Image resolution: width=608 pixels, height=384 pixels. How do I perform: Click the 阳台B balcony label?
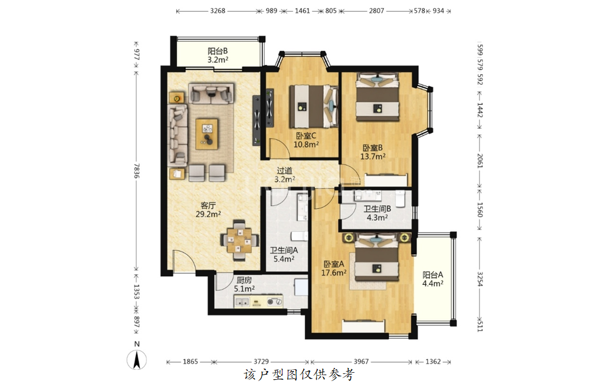pos(218,51)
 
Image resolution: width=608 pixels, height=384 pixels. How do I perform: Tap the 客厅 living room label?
pos(208,205)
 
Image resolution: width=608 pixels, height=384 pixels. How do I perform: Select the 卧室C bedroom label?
pos(306,136)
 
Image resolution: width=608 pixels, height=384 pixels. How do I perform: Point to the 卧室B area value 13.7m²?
pos(373,156)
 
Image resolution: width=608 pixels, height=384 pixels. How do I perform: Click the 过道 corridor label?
pos(285,170)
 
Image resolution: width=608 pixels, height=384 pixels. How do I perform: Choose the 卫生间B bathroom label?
pos(377,209)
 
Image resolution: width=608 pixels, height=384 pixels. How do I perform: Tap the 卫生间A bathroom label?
pos(284,250)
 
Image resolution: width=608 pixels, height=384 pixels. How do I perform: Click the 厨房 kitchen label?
pos(244,280)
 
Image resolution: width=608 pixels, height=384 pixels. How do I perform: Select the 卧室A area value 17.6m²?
pos(333,273)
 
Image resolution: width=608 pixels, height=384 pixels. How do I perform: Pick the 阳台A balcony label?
pos(433,275)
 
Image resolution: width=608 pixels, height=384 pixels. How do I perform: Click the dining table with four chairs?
pos(239,241)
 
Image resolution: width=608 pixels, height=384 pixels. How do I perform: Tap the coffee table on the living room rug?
pos(206,134)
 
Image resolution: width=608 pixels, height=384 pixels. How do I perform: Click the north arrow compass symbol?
pos(137,360)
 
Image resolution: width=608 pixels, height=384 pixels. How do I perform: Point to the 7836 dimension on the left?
pos(136,170)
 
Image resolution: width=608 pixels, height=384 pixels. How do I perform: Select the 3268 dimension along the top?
pos(218,11)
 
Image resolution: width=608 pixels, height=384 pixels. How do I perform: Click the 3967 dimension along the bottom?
pos(361,362)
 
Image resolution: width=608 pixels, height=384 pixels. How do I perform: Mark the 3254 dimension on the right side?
pos(480,279)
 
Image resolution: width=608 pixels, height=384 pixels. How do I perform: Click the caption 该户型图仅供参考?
pos(299,375)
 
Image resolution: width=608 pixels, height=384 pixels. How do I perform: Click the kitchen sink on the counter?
pos(242,301)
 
